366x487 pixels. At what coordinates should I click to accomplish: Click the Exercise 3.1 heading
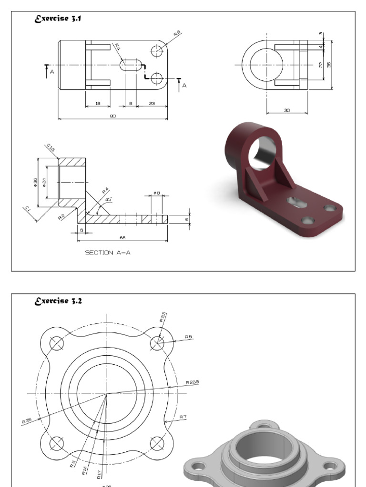53,19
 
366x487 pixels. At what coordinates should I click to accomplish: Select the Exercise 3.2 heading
54,302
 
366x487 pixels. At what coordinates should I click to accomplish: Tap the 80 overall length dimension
113,116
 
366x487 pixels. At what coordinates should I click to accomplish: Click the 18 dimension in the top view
98,103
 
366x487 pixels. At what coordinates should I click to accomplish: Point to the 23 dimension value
152,103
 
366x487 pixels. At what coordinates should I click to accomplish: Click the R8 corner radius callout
177,34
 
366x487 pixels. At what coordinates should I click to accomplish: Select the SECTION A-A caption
107,253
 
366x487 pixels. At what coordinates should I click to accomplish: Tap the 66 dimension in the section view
123,237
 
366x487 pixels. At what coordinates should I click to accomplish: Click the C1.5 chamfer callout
51,148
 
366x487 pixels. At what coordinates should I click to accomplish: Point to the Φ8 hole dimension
156,193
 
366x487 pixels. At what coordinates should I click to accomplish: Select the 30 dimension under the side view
287,110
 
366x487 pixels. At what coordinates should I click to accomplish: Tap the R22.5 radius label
192,382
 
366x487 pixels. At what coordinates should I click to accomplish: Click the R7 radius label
183,417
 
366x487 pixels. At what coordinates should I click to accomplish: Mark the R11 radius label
72,463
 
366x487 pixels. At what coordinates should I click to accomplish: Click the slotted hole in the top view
131,65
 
